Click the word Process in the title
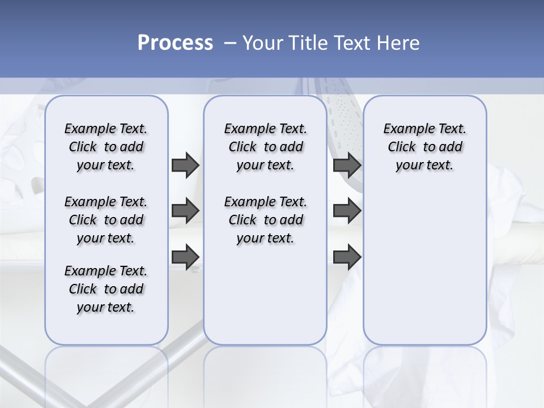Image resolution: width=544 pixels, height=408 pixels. pyautogui.click(x=175, y=43)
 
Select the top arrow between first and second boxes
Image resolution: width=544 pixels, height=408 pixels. pyautogui.click(x=185, y=165)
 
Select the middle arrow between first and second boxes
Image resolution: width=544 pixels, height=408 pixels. pyautogui.click(x=185, y=211)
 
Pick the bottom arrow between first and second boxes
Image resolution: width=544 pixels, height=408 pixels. pyautogui.click(x=185, y=257)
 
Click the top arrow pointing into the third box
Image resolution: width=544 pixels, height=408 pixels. pyautogui.click(x=347, y=165)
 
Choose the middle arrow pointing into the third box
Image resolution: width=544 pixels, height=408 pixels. pyautogui.click(x=347, y=211)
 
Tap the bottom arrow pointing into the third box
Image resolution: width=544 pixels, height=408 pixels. pyautogui.click(x=347, y=257)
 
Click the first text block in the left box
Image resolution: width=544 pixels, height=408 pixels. pyautogui.click(x=106, y=147)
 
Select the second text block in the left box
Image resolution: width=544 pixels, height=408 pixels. pyautogui.click(x=106, y=220)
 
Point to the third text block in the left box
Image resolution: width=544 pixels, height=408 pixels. pyautogui.click(x=106, y=289)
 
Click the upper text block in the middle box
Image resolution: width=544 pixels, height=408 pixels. pyautogui.click(x=265, y=147)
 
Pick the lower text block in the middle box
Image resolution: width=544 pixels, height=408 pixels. pyautogui.click(x=265, y=220)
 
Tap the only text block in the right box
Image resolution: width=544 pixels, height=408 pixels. pyautogui.click(x=425, y=147)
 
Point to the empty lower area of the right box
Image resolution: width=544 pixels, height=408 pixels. pyautogui.click(x=425, y=272)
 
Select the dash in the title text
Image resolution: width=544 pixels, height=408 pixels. pyautogui.click(x=230, y=43)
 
